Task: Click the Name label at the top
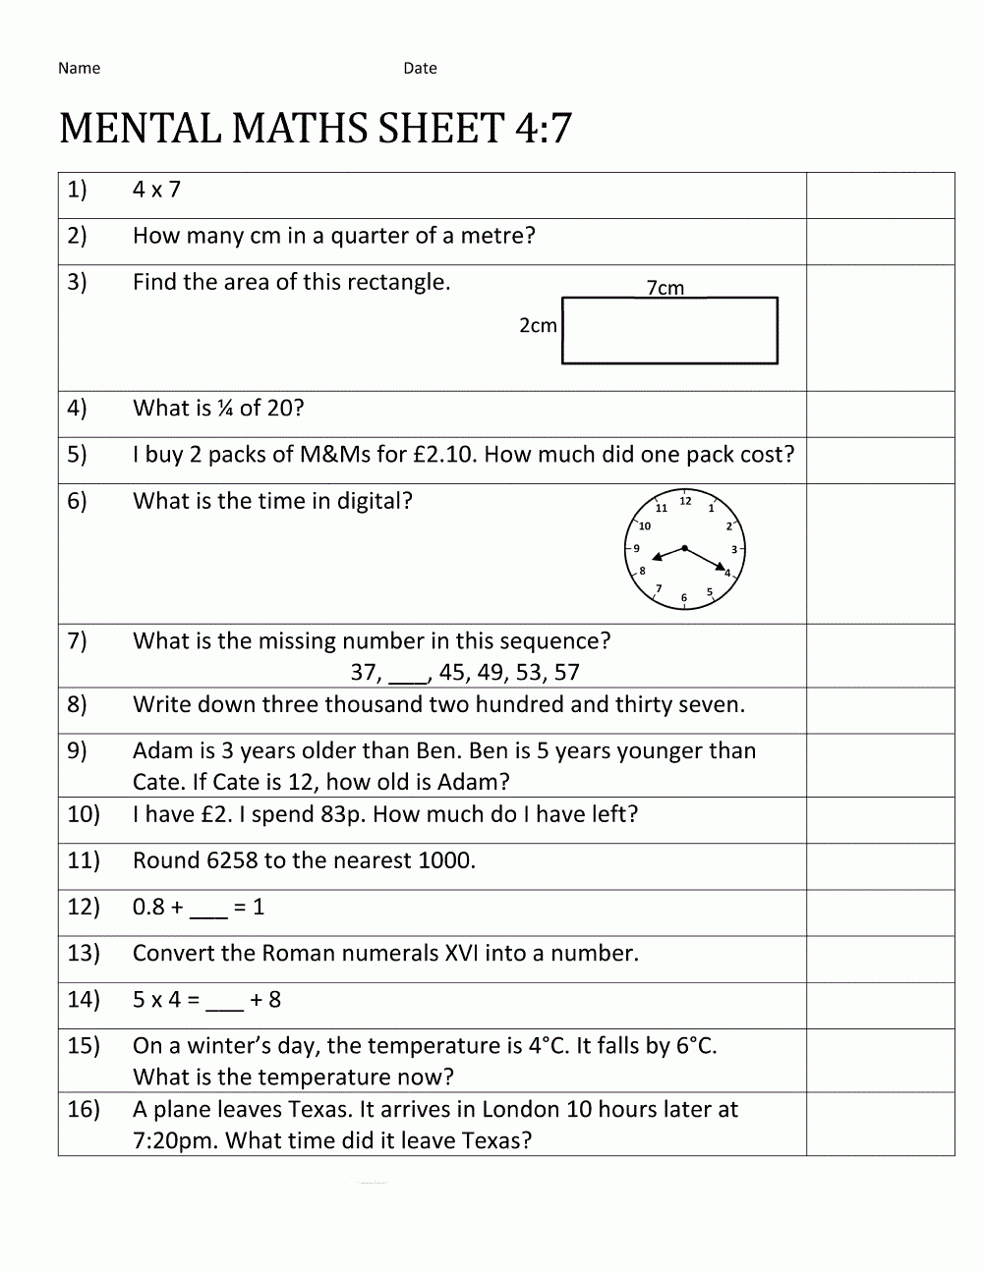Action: tap(79, 68)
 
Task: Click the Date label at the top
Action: tap(420, 68)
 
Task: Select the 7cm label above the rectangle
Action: tap(665, 288)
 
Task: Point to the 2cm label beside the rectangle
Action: tap(538, 325)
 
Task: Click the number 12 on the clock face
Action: tap(685, 501)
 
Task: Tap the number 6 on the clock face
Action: tap(684, 597)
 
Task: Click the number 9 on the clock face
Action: tap(636, 549)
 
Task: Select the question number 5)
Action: tap(77, 455)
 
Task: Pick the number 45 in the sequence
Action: tap(452, 673)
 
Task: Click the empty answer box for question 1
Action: tap(880, 195)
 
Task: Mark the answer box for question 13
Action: tap(880, 959)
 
